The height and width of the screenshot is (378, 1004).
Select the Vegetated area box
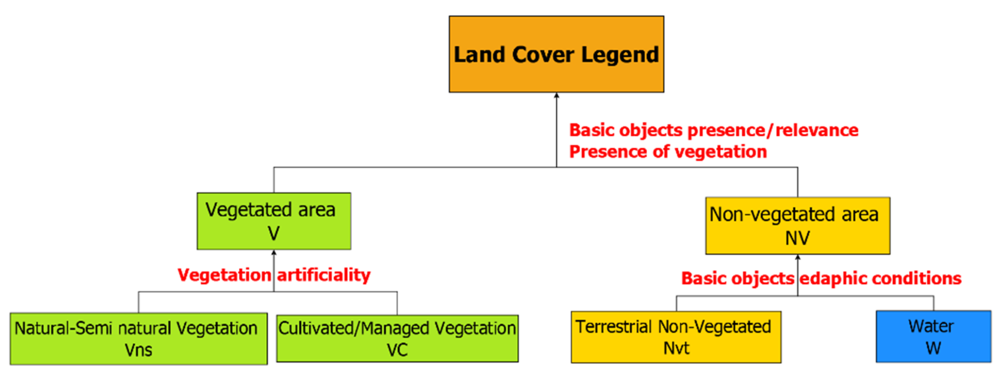(273, 221)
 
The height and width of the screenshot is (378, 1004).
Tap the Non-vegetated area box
(797, 225)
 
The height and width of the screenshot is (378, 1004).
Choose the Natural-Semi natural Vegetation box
(138, 339)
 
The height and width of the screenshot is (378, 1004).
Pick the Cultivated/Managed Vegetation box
(397, 338)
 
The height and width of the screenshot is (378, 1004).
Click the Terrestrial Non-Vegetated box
(676, 337)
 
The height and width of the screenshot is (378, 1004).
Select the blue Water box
(933, 336)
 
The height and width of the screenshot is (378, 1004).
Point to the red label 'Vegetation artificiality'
(273, 275)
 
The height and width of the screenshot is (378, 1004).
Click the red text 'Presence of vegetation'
(668, 151)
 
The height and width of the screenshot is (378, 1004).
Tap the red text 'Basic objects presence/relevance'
(713, 130)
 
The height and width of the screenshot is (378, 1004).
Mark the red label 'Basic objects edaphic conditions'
(821, 278)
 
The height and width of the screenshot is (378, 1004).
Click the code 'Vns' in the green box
(138, 350)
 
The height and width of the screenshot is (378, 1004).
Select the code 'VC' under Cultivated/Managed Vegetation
(397, 350)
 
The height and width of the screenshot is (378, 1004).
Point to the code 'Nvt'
(676, 348)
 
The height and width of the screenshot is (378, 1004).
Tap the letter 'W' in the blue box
(933, 348)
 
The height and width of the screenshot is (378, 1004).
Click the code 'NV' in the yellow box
(797, 238)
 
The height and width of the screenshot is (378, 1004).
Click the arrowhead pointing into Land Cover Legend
(556, 95)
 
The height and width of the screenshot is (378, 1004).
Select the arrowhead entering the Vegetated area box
(273, 253)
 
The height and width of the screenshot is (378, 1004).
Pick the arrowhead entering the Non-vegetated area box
(797, 257)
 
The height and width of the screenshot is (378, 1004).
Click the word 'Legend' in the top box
(620, 55)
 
